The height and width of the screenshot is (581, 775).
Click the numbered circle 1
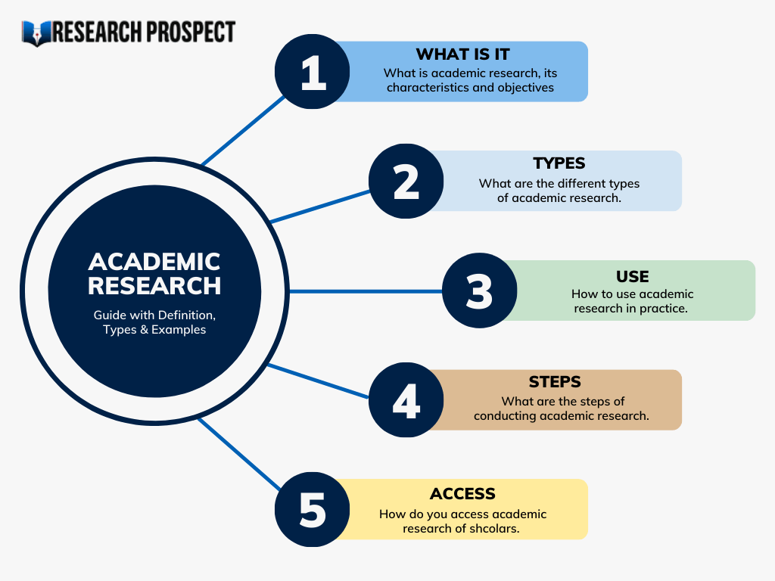point(313,73)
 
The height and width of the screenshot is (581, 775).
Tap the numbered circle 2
point(406,182)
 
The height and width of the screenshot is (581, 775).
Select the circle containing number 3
point(479,291)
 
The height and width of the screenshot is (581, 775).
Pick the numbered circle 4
point(406,400)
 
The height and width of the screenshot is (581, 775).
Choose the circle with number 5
point(313,510)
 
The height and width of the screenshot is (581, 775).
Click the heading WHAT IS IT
point(462,54)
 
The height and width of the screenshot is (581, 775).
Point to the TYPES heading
point(559,163)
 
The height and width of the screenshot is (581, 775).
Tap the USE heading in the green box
point(632,276)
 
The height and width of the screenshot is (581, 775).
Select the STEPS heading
point(555,382)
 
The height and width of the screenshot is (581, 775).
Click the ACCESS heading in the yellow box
point(462,493)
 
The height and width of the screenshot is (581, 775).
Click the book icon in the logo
point(36,33)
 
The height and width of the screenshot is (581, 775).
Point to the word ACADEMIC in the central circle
point(154,262)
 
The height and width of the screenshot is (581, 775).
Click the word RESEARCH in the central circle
point(154,286)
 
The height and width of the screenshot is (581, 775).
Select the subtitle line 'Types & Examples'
point(154,330)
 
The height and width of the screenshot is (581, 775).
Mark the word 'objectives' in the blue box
point(525,87)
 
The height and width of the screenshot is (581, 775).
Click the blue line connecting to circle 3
point(363,291)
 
